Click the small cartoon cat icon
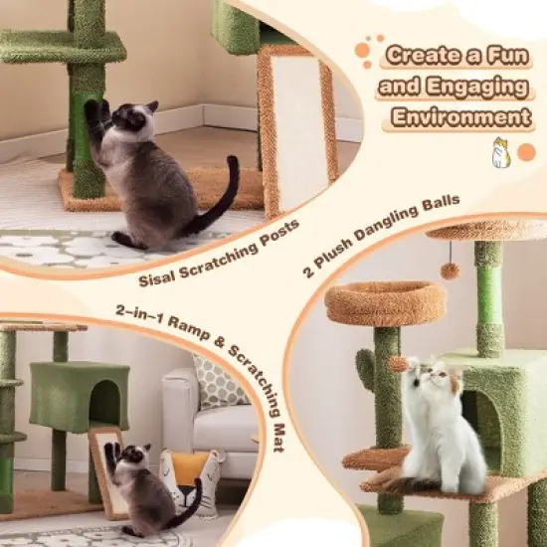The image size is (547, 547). pos(494,153)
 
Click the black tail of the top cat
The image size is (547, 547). pos(223,198)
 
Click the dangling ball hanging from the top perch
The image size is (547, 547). pos(450,272)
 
